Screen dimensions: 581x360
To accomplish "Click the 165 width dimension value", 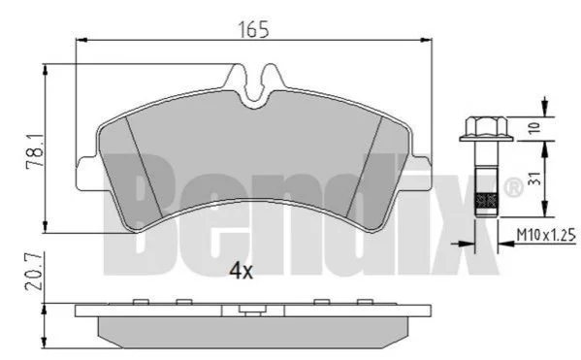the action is click(x=253, y=30).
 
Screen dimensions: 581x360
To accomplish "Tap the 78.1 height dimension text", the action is click(x=35, y=152).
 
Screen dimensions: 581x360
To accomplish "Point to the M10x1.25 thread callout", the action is click(x=546, y=235).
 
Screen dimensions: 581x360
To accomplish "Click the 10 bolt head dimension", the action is click(x=533, y=128).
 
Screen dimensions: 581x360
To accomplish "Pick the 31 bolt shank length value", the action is click(x=533, y=179).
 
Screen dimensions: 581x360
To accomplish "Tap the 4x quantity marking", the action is click(x=241, y=271).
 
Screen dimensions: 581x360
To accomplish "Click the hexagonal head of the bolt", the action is click(x=486, y=126).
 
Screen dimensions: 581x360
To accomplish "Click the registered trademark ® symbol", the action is click(x=513, y=188).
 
